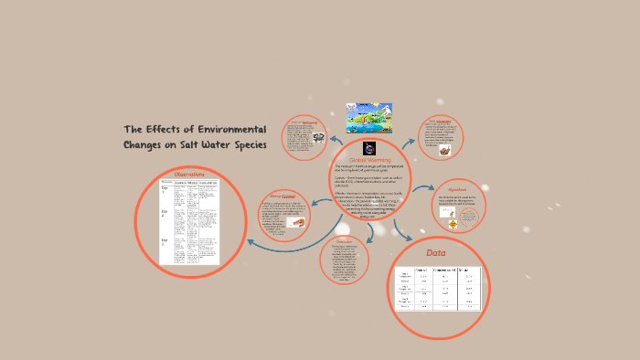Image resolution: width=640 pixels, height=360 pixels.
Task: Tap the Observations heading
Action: [189, 174]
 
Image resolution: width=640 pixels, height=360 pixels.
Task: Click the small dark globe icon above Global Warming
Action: [369, 146]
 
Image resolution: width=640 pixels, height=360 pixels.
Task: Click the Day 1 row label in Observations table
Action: [165, 192]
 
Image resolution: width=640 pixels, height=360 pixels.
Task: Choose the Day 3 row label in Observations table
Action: [165, 243]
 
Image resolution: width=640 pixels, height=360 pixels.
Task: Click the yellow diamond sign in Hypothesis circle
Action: [451, 223]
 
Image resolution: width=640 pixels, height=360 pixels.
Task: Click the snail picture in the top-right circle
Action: [443, 150]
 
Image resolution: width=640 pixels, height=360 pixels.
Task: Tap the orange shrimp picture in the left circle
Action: [297, 221]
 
